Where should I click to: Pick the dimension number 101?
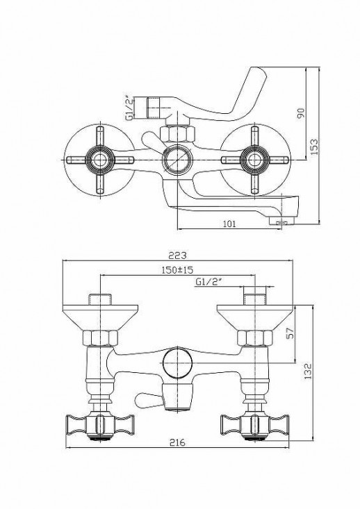tap(230, 224)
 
